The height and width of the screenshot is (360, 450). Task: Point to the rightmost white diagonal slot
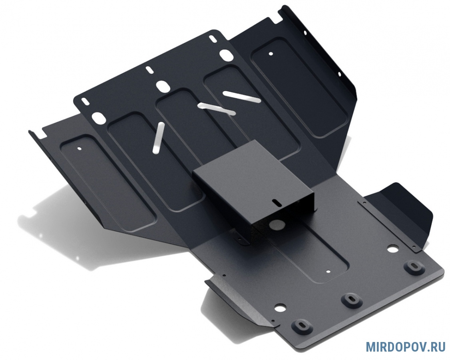(242, 96)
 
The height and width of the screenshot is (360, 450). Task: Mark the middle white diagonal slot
(216, 108)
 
